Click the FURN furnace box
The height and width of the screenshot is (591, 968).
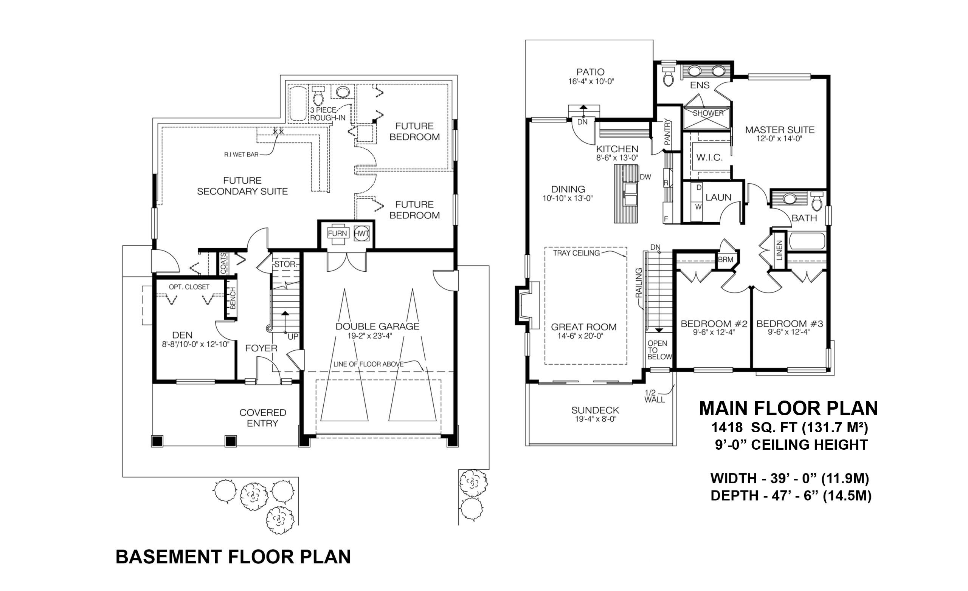[x=337, y=233]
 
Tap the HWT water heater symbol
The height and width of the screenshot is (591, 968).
[x=361, y=233]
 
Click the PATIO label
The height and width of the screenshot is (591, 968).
[x=591, y=72]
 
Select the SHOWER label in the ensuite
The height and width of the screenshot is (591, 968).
[x=708, y=113]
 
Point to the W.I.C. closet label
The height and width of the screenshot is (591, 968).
[x=709, y=158]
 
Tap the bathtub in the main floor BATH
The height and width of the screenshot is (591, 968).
[x=807, y=241]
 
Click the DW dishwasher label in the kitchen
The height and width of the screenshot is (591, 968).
[x=645, y=177]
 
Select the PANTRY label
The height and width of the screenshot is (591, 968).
[x=667, y=132]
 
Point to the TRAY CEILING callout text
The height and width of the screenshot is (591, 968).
[x=576, y=253]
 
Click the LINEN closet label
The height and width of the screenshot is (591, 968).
[x=779, y=250]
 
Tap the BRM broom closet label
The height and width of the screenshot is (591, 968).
[x=725, y=260]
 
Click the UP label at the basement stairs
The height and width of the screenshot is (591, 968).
[x=293, y=337]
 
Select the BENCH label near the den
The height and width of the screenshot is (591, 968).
[x=232, y=298]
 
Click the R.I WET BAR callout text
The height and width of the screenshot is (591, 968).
[x=241, y=155]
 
